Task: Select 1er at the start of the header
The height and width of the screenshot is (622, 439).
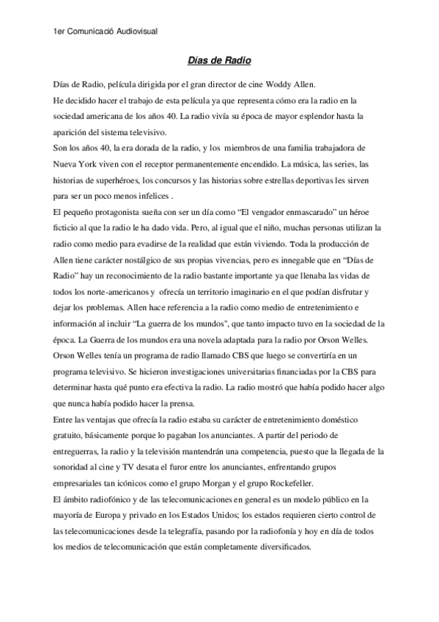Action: point(62,30)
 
